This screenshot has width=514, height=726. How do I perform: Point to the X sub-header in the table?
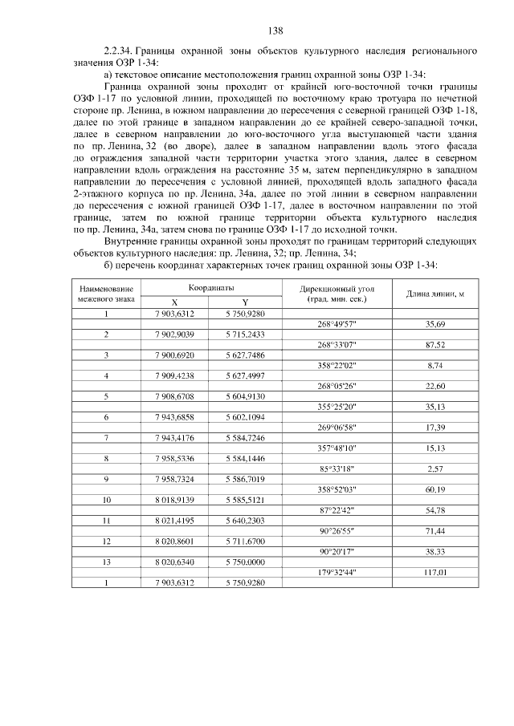click(174, 302)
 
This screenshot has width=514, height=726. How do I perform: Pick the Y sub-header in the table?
click(245, 302)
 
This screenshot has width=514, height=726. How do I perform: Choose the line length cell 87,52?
click(434, 343)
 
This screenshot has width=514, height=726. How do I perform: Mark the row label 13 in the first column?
click(106, 561)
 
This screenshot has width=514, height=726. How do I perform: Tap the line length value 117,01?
click(434, 571)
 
